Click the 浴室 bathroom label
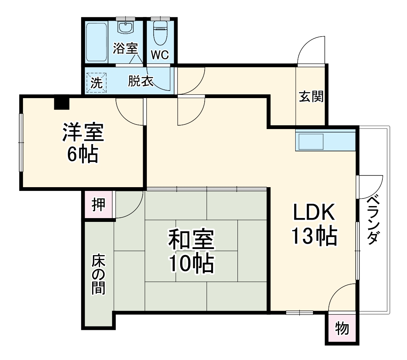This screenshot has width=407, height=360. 125,49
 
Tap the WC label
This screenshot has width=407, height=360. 160,55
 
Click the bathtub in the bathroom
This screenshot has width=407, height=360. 97,43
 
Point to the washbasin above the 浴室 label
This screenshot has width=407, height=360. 125,28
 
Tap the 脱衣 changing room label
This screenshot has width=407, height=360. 140,82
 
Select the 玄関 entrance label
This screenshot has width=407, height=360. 311,97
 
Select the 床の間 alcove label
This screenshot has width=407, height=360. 98,275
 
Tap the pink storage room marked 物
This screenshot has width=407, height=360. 342,329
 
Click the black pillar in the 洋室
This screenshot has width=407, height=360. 62,103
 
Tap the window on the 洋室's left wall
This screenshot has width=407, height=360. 21,143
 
